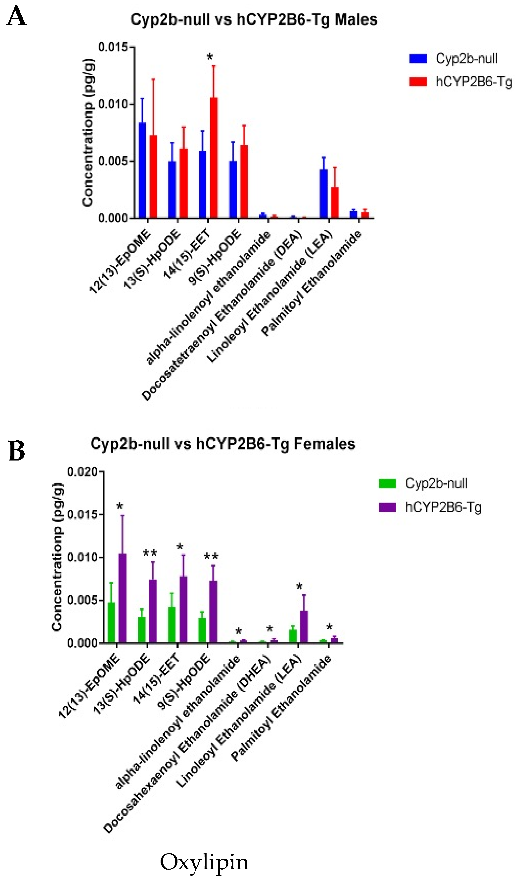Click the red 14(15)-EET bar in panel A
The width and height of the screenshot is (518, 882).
click(214, 158)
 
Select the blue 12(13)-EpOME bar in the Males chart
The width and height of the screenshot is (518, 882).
click(142, 170)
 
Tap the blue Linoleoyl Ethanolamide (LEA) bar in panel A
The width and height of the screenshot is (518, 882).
click(324, 194)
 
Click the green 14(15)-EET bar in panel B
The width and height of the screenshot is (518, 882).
click(172, 625)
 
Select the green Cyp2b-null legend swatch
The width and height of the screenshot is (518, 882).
click(387, 483)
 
